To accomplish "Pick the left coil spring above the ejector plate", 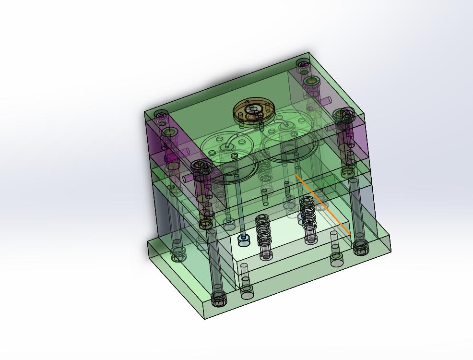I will coord(263,230).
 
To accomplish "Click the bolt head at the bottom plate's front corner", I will coord(219,300).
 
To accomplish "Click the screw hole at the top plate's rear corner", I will coord(303,63).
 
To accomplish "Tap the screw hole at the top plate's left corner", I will coord(162,114).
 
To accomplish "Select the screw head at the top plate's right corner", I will coord(344,114).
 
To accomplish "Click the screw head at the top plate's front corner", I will coord(204,166).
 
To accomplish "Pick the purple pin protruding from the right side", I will coord(326,100).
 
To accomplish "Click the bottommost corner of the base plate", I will coord(205,319).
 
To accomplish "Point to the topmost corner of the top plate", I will coord(309,52).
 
